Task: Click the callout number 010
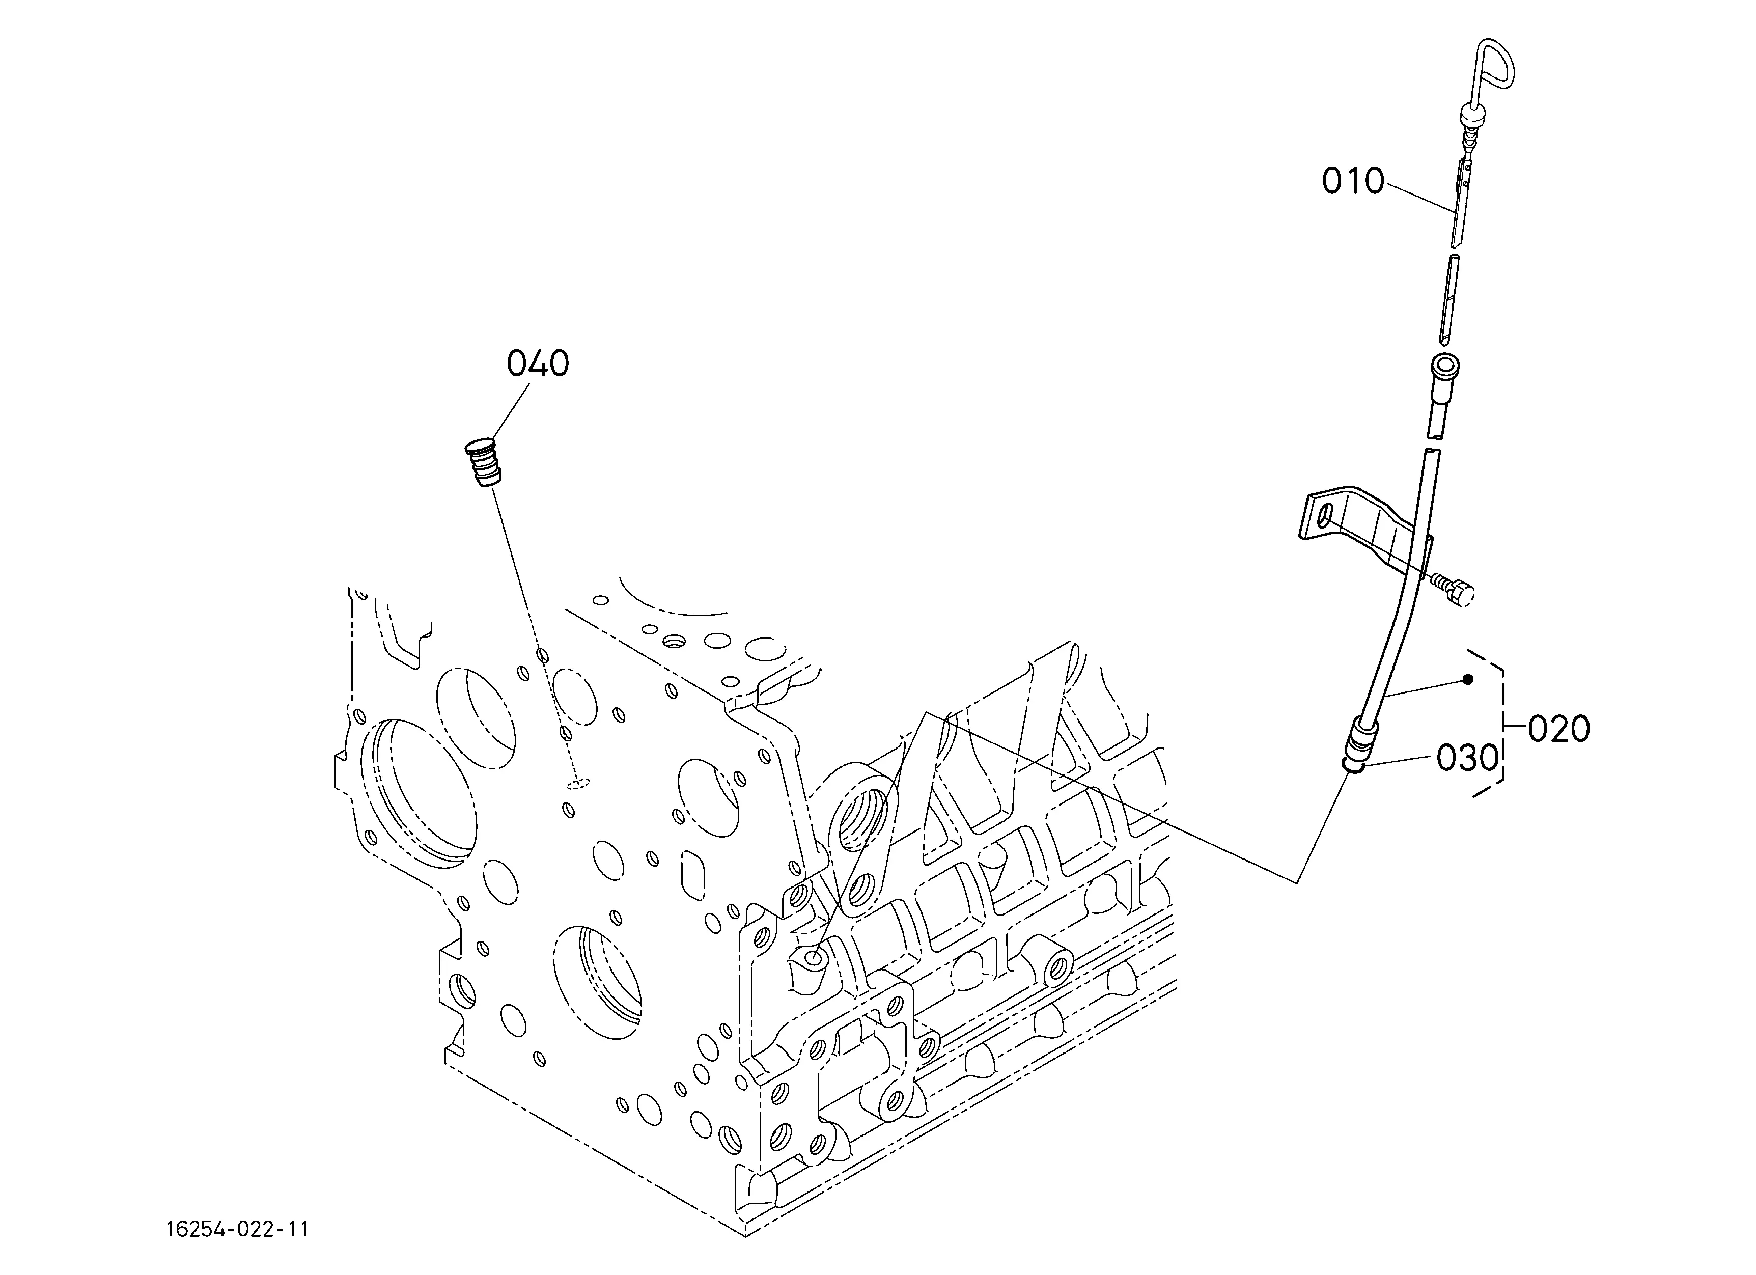click(x=1353, y=181)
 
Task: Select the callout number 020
click(x=1558, y=729)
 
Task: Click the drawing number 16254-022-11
click(x=238, y=1229)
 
